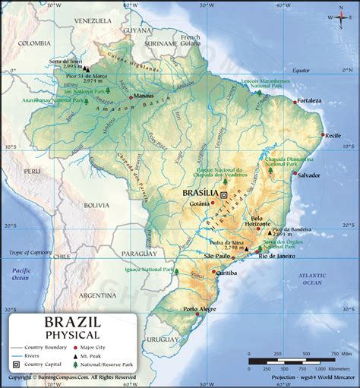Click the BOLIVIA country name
(x=96, y=205)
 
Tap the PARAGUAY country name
(x=139, y=254)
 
